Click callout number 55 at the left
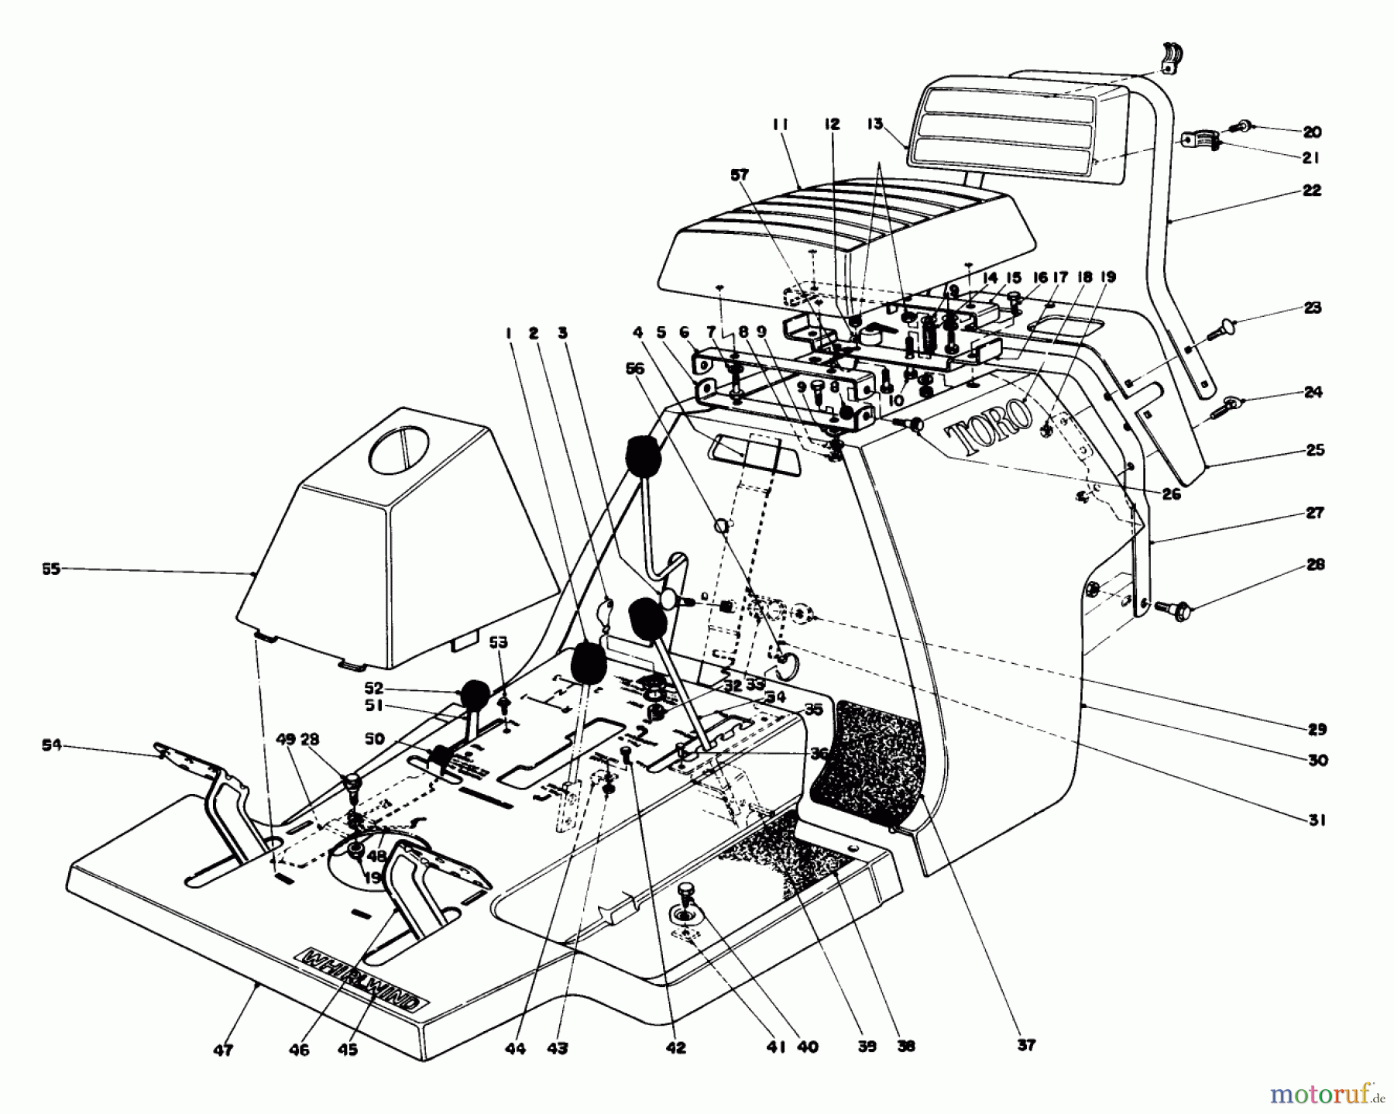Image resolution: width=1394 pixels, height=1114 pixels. click(x=52, y=569)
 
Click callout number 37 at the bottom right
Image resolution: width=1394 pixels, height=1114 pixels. click(x=1025, y=1046)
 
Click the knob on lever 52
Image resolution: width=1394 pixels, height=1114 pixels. click(x=476, y=693)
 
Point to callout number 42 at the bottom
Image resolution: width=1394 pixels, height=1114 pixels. click(x=675, y=1048)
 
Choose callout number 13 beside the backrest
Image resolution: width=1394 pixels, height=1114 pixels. click(x=874, y=123)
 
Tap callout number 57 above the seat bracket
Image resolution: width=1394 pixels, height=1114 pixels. click(x=740, y=176)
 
